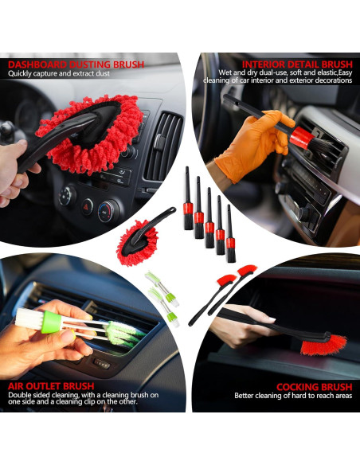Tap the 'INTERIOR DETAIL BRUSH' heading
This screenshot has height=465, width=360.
296,64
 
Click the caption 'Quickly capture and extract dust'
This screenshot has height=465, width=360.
57,74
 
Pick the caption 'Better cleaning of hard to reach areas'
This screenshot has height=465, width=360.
292,396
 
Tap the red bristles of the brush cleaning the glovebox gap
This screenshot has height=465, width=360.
325,344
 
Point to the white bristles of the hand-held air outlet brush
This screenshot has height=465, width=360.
29,318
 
